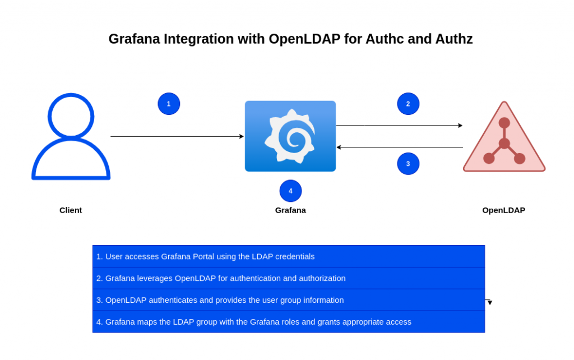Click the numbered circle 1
pyautogui.click(x=169, y=104)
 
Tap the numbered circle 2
pyautogui.click(x=408, y=104)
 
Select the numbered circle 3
pyautogui.click(x=408, y=164)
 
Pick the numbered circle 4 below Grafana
pyautogui.click(x=291, y=191)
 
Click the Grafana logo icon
pyautogui.click(x=290, y=136)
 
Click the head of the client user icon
pyautogui.click(x=71, y=117)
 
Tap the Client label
pyautogui.click(x=71, y=210)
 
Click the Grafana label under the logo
pyautogui.click(x=290, y=210)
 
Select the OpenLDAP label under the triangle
pyautogui.click(x=504, y=210)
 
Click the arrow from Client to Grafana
pyautogui.click(x=177, y=136)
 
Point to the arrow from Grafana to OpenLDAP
pyautogui.click(x=399, y=125)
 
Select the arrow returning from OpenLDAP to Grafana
pyautogui.click(x=399, y=147)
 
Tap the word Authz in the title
pyautogui.click(x=454, y=39)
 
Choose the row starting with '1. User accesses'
pyautogui.click(x=289, y=256)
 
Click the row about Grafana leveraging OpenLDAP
pyautogui.click(x=289, y=278)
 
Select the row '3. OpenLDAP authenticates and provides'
pyautogui.click(x=289, y=300)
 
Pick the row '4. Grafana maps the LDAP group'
pyautogui.click(x=289, y=322)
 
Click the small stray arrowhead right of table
pyautogui.click(x=490, y=302)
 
